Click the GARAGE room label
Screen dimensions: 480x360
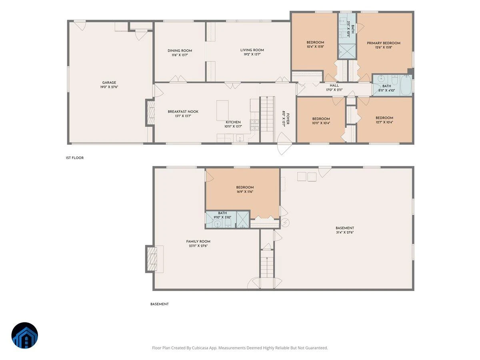pos(109,82)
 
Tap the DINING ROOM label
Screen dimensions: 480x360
pos(180,51)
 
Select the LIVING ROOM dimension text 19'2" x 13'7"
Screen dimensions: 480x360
pos(252,54)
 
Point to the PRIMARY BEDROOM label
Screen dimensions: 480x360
pos(383,43)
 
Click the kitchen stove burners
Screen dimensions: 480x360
pos(254,125)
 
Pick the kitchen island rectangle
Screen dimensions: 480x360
pos(222,110)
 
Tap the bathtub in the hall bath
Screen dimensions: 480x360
pos(406,85)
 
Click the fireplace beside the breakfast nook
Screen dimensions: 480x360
pos(150,113)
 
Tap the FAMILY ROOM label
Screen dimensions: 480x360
pos(198,242)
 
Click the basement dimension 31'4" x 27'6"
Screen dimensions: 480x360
pos(345,232)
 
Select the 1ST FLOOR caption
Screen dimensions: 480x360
pos(74,158)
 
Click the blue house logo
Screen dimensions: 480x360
pos(25,336)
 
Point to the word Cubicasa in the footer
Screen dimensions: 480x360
pos(200,348)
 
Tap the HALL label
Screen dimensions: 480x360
pos(334,86)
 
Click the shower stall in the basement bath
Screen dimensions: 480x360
pos(243,220)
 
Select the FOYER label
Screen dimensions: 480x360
pos(288,119)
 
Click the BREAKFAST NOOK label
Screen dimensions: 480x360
pos(183,112)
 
